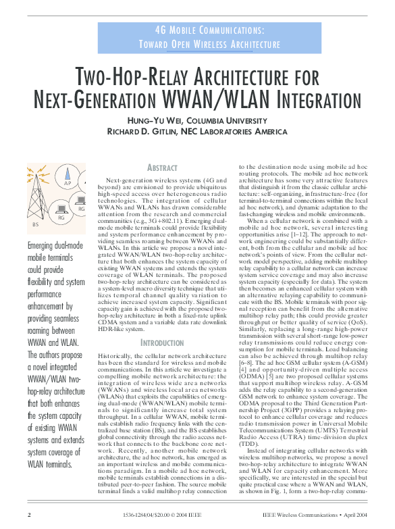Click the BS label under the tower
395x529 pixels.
pos(35,224)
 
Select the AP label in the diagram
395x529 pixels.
pos(68,183)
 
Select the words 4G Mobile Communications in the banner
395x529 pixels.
pos(209,31)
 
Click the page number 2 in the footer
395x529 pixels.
pos(29,515)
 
